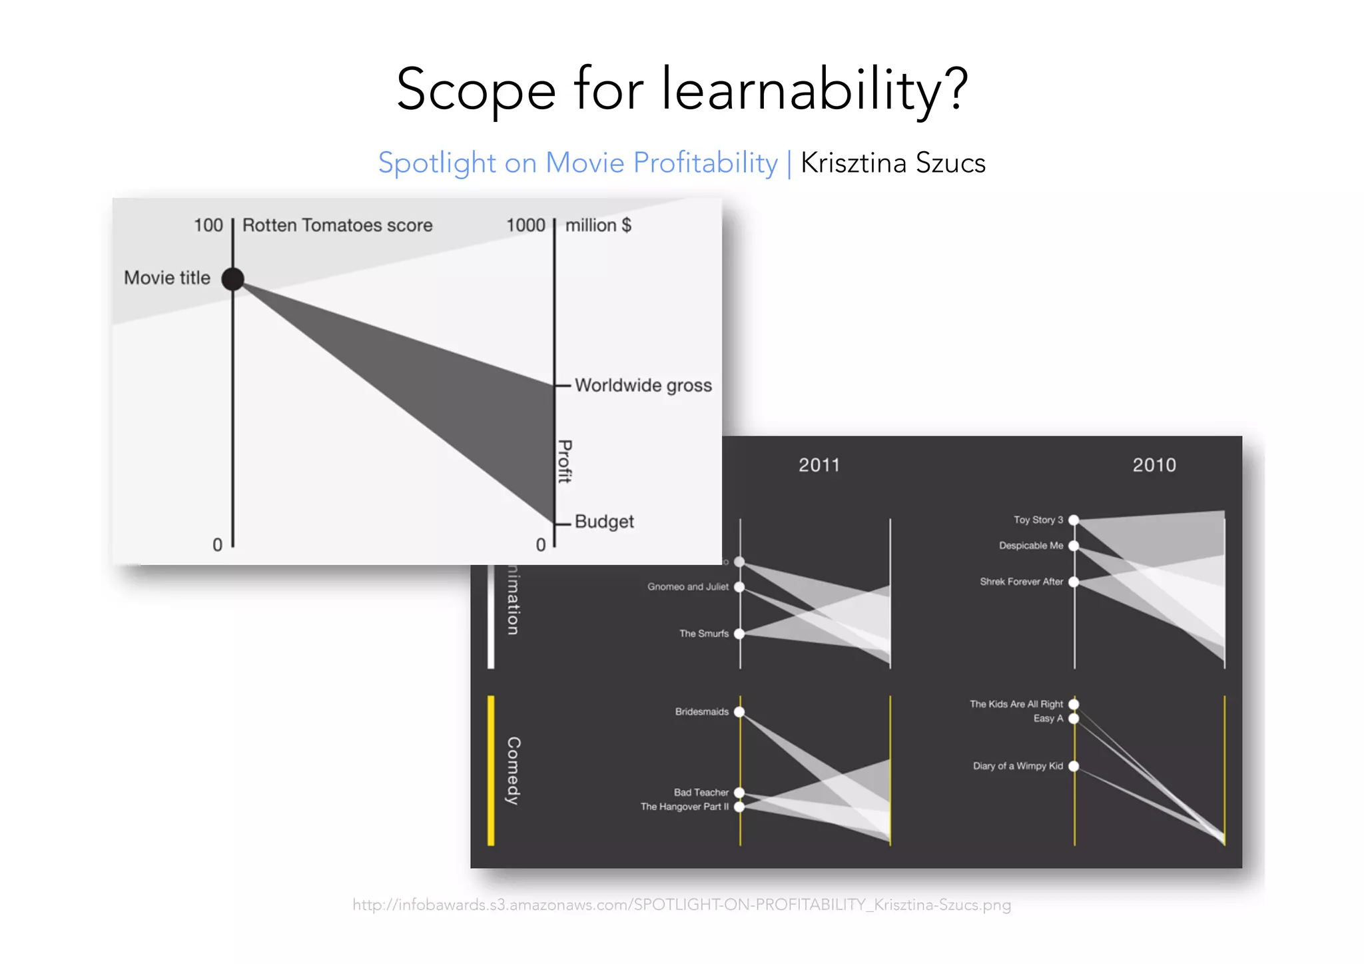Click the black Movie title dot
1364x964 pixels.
[x=232, y=278]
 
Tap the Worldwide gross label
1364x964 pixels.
[x=643, y=385]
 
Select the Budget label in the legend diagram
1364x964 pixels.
[x=603, y=521]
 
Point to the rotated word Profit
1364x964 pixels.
[x=565, y=461]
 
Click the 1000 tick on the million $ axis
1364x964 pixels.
[x=525, y=225]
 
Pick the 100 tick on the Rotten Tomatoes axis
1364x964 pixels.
[x=208, y=225]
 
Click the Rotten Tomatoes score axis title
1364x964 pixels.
[x=337, y=225]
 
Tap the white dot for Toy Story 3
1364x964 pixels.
[x=1074, y=520]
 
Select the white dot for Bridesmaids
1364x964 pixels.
[x=739, y=712]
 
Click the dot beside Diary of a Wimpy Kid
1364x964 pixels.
[x=1074, y=766]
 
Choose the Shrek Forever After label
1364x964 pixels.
[x=1021, y=582]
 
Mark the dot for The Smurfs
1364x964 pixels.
[x=739, y=634]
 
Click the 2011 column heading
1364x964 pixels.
[x=819, y=465]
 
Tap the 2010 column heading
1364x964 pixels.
[x=1154, y=465]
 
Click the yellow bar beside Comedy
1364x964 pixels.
[x=491, y=770]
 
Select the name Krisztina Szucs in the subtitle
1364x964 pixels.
[x=892, y=163]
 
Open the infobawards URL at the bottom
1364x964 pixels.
[x=681, y=905]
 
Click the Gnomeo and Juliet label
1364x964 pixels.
[x=687, y=587]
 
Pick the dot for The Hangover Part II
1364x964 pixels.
[x=739, y=807]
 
